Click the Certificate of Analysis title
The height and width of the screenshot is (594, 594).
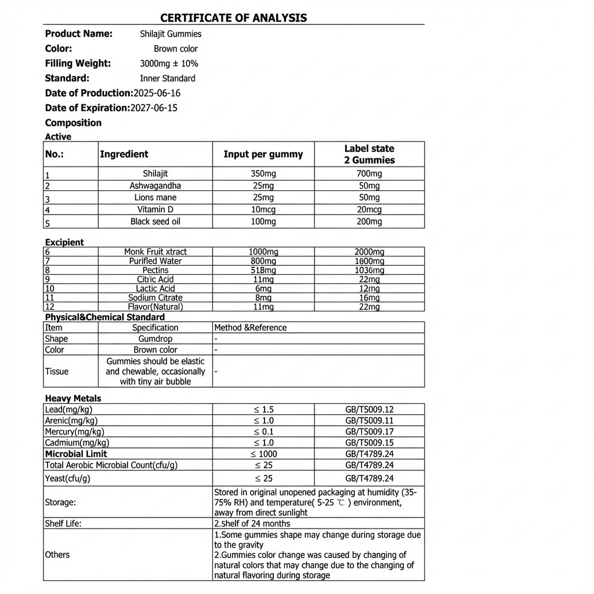[x=233, y=18]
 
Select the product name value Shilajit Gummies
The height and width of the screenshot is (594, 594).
[x=171, y=34]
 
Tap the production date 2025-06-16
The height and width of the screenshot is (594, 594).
[x=157, y=93]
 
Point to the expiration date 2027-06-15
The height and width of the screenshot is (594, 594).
[x=154, y=108]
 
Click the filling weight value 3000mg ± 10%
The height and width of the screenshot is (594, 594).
[x=169, y=64]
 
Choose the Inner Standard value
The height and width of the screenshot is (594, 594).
[x=168, y=78]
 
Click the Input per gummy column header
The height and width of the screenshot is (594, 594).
[x=263, y=154]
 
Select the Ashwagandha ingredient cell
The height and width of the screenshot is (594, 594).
[x=155, y=186]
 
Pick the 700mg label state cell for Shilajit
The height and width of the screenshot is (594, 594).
[x=369, y=174]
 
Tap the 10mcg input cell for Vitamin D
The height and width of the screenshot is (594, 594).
[x=263, y=209]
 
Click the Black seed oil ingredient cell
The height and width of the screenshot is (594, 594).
[x=155, y=222]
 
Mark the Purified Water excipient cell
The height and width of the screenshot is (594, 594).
[x=155, y=261]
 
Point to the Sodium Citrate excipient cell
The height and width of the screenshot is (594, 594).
[x=155, y=298]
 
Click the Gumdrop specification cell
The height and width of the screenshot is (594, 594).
[x=155, y=339]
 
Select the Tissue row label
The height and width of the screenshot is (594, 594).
[x=57, y=371]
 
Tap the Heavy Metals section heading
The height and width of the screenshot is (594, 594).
[x=73, y=399]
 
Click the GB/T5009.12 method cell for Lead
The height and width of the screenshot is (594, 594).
[x=369, y=410]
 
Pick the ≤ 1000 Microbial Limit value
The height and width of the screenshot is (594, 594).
[x=263, y=454]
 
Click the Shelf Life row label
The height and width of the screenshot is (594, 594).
[x=63, y=523]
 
